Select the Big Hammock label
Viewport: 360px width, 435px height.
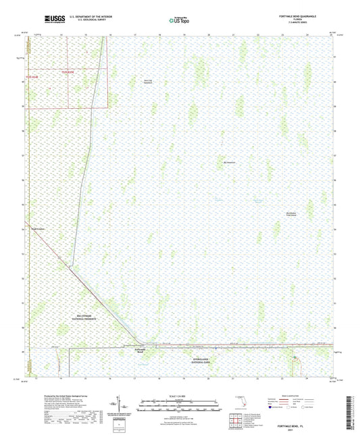coord(230,162)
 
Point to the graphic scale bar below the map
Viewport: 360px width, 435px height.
coord(180,407)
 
